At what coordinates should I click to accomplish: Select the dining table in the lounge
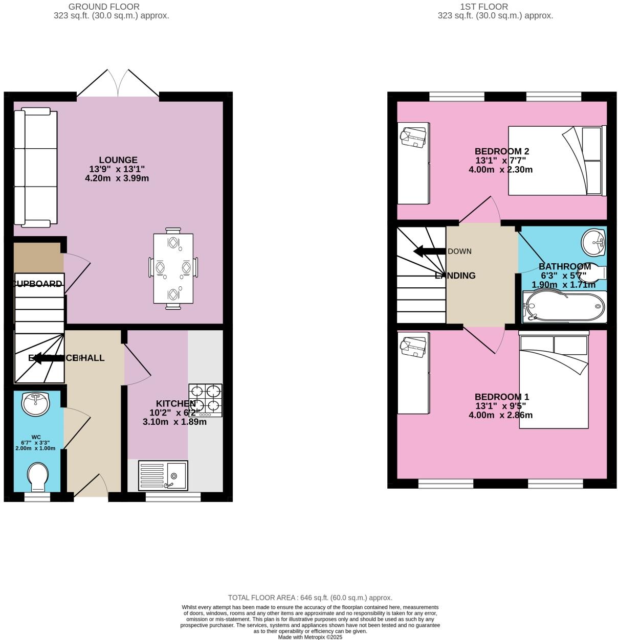(173, 268)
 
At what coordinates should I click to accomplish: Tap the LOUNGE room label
(118, 160)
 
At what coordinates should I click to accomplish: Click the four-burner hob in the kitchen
(205, 400)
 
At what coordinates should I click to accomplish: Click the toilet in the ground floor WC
(37, 476)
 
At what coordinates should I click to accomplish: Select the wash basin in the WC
(36, 404)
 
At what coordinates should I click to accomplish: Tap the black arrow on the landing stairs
(429, 251)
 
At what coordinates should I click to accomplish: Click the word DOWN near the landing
(459, 251)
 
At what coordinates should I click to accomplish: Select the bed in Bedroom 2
(557, 161)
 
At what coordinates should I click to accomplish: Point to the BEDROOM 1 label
(501, 397)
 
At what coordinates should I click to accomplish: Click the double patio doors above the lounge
(118, 83)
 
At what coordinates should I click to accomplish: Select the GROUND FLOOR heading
(104, 7)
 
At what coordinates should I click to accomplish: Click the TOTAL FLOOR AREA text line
(310, 597)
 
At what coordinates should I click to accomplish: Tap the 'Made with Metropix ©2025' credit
(310, 637)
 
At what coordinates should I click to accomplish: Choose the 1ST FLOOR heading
(484, 7)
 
